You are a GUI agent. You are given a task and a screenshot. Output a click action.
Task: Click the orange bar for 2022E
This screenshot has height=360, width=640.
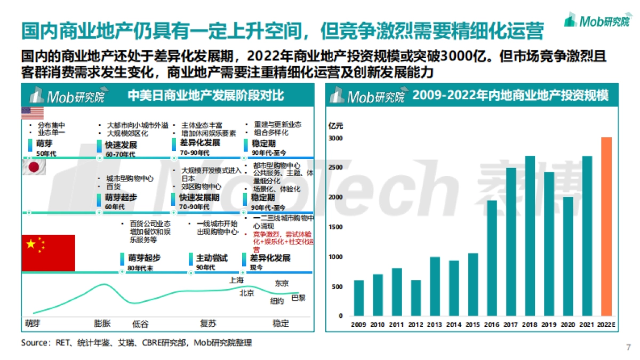pos(606,226)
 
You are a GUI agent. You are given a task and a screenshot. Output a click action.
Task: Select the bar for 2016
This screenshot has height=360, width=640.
pos(492,258)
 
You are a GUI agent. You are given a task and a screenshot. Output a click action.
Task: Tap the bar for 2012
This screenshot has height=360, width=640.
pos(416,298)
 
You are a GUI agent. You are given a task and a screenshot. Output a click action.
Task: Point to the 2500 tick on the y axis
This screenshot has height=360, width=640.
pos(335,168)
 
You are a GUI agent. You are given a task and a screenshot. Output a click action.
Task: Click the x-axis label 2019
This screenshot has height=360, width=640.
pos(549,324)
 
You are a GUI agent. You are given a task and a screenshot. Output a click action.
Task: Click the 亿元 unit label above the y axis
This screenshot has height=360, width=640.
pos(336,126)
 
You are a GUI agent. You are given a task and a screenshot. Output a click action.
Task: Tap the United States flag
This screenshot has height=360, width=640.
pos(33,113)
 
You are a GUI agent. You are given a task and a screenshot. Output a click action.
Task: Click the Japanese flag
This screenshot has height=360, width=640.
pos(33,167)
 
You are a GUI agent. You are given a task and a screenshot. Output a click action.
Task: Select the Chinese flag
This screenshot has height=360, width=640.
pos(48,252)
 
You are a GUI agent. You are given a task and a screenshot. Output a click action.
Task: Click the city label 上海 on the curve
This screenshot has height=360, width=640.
pos(236,280)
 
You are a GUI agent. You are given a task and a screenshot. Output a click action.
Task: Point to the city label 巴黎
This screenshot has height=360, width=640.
pos(299,298)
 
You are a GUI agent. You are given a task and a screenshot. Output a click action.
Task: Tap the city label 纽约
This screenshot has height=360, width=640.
pos(277,301)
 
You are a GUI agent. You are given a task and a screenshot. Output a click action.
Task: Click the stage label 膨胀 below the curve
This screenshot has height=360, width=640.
pos(102,323)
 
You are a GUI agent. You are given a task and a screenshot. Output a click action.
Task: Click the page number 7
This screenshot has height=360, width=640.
pos(628,348)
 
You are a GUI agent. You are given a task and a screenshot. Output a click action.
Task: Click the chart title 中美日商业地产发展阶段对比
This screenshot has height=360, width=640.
pos(205,96)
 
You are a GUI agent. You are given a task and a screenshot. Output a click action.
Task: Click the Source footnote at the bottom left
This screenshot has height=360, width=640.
pos(136,343)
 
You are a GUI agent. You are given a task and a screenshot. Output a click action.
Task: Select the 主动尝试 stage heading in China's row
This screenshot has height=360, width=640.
pos(212,258)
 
